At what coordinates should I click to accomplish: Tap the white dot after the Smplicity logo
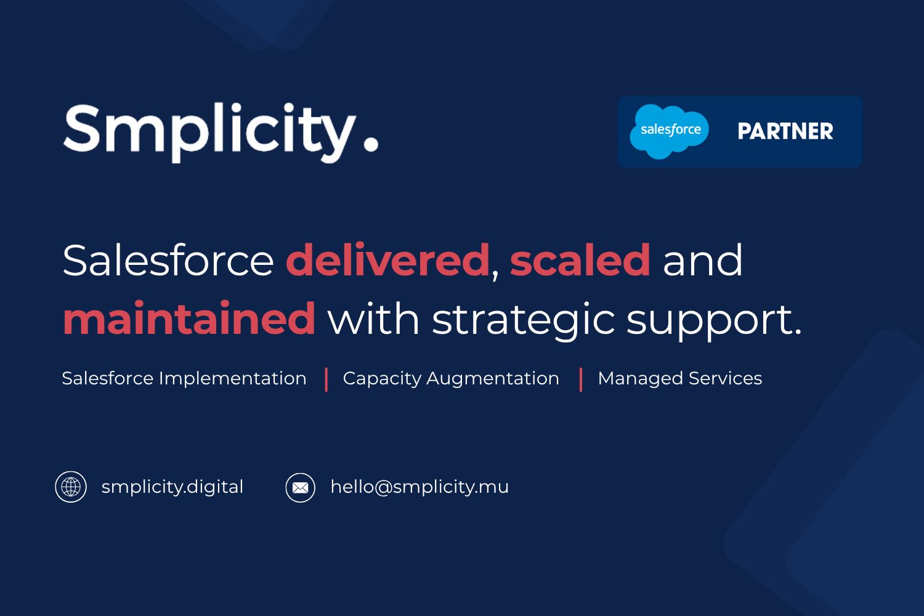371,145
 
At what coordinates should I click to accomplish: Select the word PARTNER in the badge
785,131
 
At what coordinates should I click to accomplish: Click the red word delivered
387,261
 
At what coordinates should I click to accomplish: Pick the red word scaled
580,261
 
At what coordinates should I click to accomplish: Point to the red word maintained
189,318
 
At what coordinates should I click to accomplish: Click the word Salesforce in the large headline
168,261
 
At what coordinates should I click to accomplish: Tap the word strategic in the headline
524,322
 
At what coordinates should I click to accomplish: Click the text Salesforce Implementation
184,379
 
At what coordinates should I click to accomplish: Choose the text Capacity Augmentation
451,379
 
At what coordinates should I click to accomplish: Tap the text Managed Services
680,379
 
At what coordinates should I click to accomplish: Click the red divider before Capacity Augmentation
326,379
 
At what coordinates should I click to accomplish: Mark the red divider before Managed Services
581,379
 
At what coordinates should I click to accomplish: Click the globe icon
71,487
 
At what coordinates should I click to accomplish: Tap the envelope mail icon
301,488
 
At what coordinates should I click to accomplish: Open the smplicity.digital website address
172,487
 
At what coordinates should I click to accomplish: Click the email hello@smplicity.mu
419,487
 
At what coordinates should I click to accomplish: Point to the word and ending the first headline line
702,261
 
